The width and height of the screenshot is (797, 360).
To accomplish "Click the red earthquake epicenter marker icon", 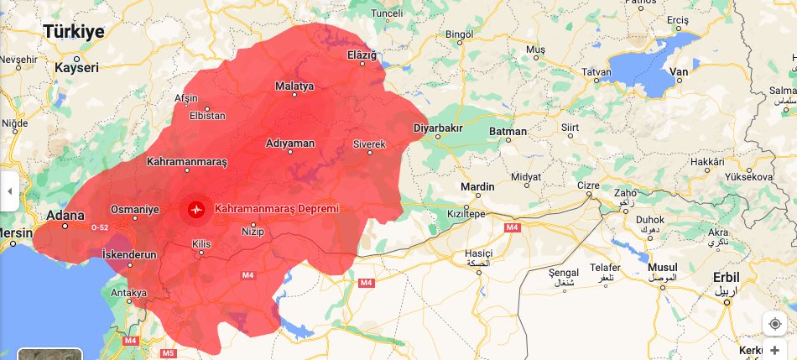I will click(197, 208).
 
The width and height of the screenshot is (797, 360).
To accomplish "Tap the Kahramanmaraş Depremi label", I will click(277, 208).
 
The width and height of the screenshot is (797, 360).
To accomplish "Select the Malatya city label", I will click(294, 86).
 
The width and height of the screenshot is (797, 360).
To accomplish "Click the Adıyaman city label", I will click(289, 143).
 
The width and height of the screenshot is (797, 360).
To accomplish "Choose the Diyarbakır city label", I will click(439, 128).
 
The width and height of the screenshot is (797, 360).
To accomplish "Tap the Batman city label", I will click(509, 132).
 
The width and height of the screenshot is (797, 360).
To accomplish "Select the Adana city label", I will click(65, 216).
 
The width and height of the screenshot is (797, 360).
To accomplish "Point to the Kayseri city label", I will click(76, 67).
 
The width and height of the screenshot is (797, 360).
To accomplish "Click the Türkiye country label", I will click(74, 32).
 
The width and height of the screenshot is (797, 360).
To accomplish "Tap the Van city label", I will click(679, 72).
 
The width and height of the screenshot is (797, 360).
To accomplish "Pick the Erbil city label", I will click(726, 278).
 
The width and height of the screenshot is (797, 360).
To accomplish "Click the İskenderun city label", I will click(128, 253).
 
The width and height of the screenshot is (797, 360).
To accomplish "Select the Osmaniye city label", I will click(135, 209).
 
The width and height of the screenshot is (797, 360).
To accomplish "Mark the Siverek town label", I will click(369, 144).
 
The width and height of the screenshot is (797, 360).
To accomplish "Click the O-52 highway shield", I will click(100, 227).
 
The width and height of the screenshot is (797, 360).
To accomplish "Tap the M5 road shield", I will click(169, 353).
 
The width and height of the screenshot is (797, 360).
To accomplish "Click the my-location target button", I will click(774, 323).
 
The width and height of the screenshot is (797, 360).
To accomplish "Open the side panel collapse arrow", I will click(9, 191).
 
